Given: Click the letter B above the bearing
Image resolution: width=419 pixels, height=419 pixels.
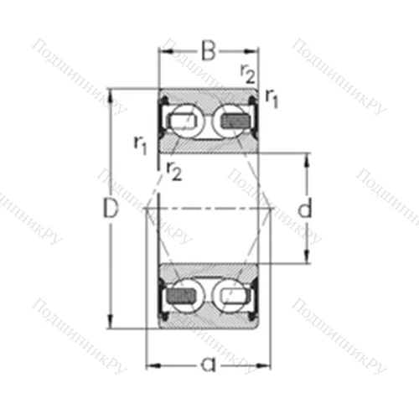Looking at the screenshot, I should pyautogui.click(x=208, y=52).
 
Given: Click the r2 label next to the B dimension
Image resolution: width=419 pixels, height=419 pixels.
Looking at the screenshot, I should pyautogui.click(x=248, y=72).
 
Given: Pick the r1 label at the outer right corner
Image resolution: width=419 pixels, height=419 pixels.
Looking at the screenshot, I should pyautogui.click(x=272, y=98).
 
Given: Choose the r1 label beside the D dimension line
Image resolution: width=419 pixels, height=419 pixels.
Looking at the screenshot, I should pyautogui.click(x=141, y=143).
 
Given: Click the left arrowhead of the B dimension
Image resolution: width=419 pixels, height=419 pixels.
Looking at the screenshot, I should pyautogui.click(x=164, y=53).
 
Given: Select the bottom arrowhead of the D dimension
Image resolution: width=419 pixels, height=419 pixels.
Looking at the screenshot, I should pyautogui.click(x=111, y=324).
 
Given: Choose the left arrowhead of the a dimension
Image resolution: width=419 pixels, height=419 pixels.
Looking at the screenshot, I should pyautogui.click(x=152, y=365).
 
